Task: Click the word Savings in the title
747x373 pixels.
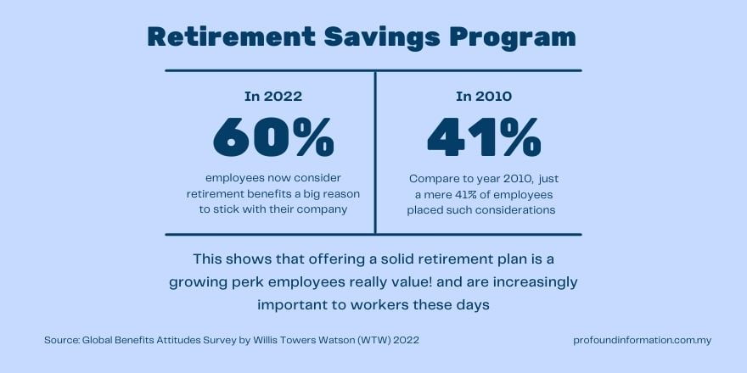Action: (x=382, y=37)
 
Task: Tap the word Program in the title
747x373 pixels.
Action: (x=513, y=37)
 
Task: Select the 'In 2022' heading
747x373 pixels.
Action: (x=273, y=97)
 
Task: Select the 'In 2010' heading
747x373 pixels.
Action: (x=484, y=97)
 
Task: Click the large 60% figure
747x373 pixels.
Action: (x=273, y=137)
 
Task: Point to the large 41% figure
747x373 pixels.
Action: (x=484, y=137)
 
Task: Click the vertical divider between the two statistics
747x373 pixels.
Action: (x=375, y=153)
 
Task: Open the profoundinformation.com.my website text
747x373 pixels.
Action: (x=643, y=341)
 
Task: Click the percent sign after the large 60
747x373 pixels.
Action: (x=314, y=137)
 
